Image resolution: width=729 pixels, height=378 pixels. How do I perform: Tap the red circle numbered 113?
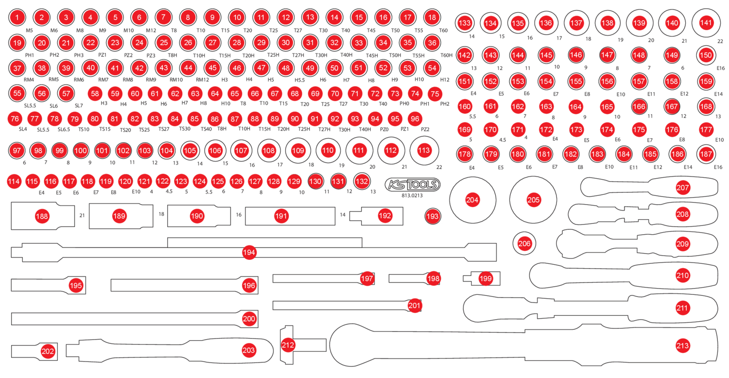click(x=424, y=151)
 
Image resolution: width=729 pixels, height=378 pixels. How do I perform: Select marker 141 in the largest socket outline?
click(x=706, y=23)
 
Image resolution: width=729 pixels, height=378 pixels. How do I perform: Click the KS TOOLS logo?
click(x=412, y=185)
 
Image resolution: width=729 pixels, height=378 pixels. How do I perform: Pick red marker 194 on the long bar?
click(x=250, y=252)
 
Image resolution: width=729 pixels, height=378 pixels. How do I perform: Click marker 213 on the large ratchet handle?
click(x=682, y=346)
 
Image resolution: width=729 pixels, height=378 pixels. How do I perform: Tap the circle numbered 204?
click(x=472, y=200)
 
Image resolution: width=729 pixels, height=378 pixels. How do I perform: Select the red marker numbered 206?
click(x=524, y=244)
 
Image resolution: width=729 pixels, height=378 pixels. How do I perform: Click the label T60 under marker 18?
click(x=443, y=30)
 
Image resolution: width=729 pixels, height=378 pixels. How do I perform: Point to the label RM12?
click(x=202, y=80)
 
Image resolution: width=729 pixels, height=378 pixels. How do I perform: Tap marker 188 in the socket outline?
click(x=43, y=216)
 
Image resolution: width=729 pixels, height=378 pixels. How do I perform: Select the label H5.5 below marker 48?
click(x=300, y=80)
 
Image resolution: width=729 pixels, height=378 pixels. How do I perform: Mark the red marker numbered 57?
click(x=67, y=93)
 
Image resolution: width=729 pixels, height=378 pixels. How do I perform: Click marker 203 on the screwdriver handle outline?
click(x=248, y=349)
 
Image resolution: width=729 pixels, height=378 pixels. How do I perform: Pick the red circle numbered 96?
click(x=415, y=118)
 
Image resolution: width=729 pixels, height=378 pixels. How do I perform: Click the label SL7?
click(x=79, y=105)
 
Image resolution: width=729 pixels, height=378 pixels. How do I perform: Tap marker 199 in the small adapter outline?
click(x=486, y=278)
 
